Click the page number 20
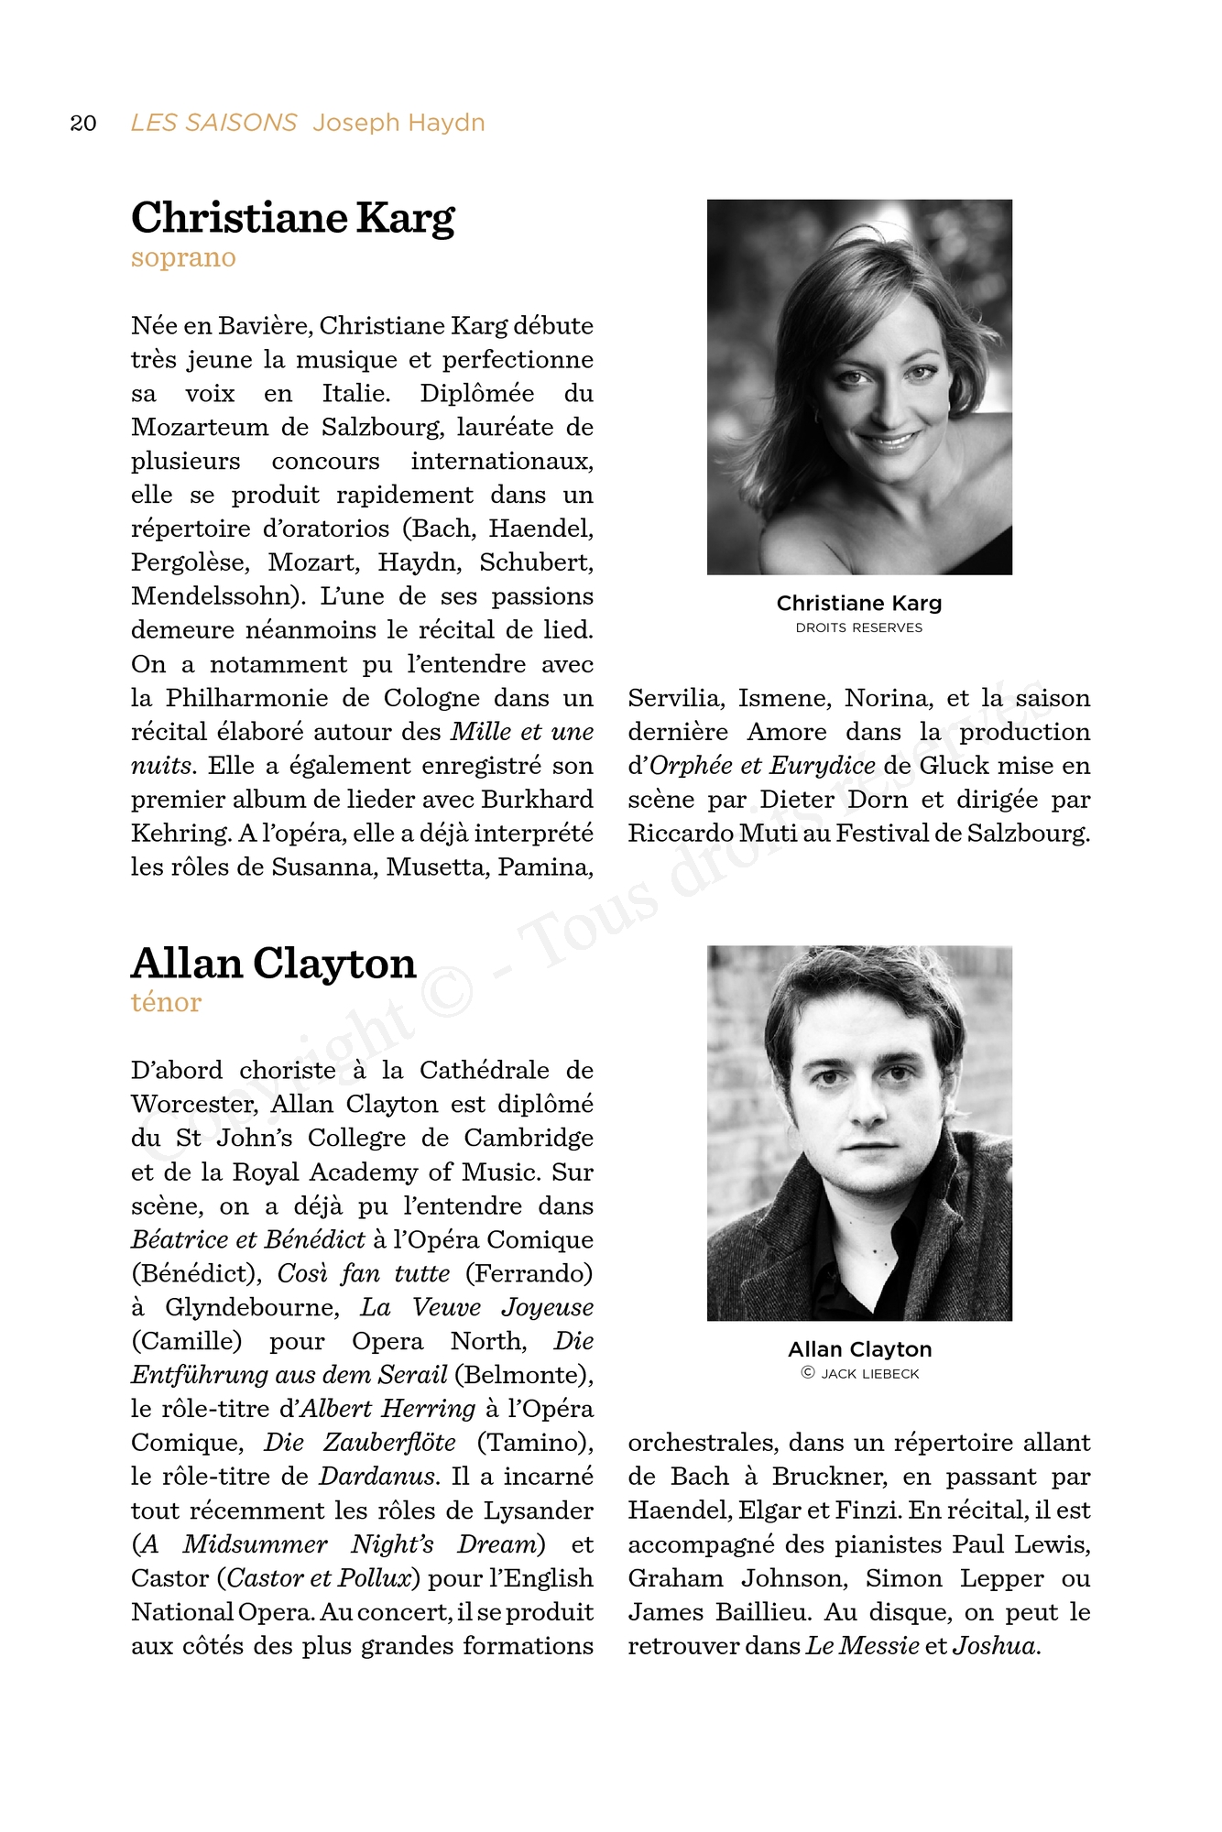[83, 124]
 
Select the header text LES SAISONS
[213, 123]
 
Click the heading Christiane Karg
[292, 218]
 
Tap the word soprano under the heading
[183, 258]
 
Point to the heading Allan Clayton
[273, 964]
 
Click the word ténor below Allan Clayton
[166, 1003]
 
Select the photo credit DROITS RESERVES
[859, 628]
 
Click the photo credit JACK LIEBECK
[869, 1374]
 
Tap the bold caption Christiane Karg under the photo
[859, 604]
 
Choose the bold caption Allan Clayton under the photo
[859, 1349]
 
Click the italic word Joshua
[995, 1646]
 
